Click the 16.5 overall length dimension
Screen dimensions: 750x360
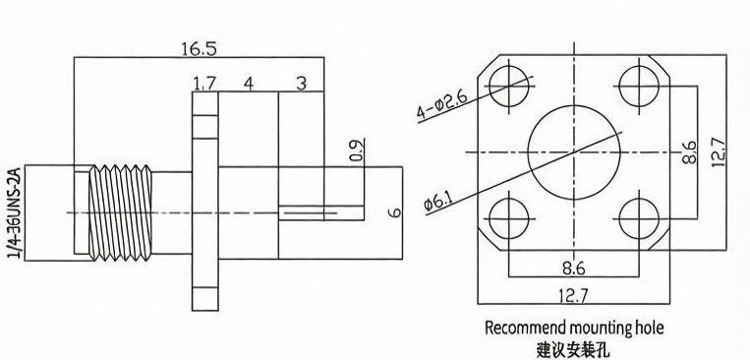[x=199, y=49]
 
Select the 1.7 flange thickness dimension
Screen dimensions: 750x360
[x=204, y=84]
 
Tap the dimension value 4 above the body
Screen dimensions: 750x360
[x=248, y=84]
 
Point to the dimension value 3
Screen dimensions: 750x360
[x=301, y=84]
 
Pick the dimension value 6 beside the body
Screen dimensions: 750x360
[x=394, y=212]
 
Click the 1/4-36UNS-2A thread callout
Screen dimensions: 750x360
[x=14, y=213]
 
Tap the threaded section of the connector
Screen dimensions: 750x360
[x=121, y=213]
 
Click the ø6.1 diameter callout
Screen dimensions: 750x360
[x=438, y=199]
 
